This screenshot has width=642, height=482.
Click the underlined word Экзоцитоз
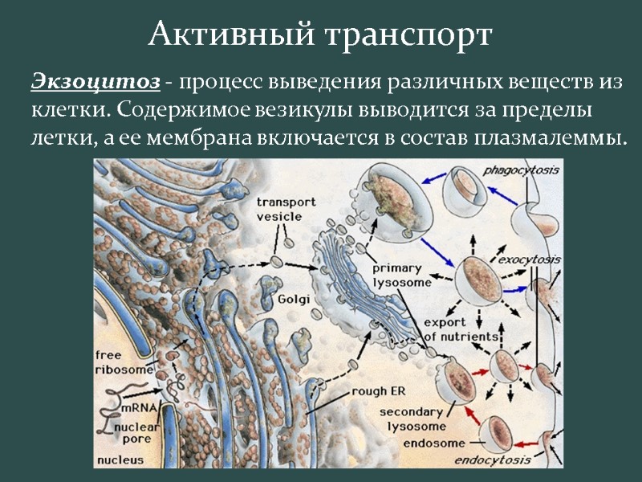pos(95,82)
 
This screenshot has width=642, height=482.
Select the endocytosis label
pos(493,460)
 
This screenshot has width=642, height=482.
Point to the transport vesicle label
pos(286,210)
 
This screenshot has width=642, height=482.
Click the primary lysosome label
pos(401,276)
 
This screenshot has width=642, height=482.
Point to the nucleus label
pos(120,460)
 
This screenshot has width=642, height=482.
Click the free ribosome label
pos(124,362)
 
